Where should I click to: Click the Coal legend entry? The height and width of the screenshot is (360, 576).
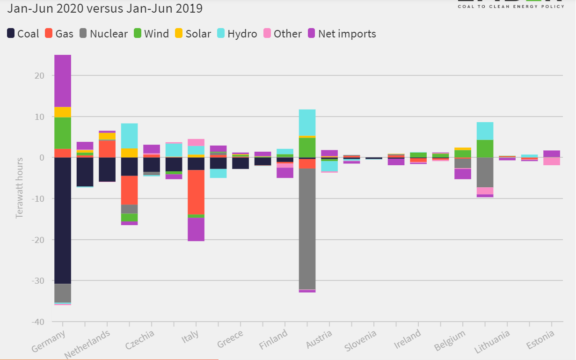coord(23,34)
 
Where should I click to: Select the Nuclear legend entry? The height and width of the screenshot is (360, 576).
coord(103,34)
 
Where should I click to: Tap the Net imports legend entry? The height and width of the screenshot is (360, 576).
coord(342,34)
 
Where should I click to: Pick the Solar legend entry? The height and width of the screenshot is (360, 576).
coord(193,34)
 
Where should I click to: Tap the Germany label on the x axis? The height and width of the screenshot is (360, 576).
coord(48,341)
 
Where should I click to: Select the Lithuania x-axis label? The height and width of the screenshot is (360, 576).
coord(491,341)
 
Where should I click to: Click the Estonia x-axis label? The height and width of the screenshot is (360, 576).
coord(541,340)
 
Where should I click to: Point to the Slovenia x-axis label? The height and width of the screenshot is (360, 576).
coord(360,341)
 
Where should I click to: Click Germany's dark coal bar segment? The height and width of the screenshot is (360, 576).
coord(63,220)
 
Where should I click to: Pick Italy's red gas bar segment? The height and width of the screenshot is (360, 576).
coord(196,192)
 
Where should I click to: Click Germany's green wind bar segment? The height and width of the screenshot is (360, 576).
coord(63,132)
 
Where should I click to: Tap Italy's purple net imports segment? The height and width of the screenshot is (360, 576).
coord(196,229)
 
